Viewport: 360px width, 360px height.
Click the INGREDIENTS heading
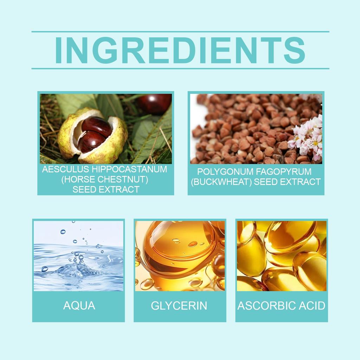click(x=180, y=50)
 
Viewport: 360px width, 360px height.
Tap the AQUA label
click(x=79, y=306)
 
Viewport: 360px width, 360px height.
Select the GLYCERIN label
click(x=179, y=306)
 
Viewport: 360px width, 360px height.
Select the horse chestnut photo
click(x=105, y=129)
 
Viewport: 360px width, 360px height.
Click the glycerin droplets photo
click(x=180, y=256)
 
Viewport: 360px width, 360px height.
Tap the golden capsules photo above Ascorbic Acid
click(x=281, y=256)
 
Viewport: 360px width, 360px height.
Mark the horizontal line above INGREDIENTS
click(x=180, y=32)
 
